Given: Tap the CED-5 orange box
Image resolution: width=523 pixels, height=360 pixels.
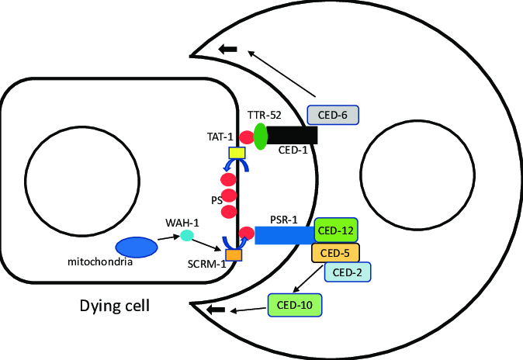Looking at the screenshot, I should (336, 253).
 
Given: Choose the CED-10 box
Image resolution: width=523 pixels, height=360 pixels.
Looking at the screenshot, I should (294, 304).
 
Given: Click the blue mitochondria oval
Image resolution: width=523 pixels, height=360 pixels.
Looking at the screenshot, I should (137, 247).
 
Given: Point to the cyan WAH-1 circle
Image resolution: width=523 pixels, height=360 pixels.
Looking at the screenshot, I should (186, 235).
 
